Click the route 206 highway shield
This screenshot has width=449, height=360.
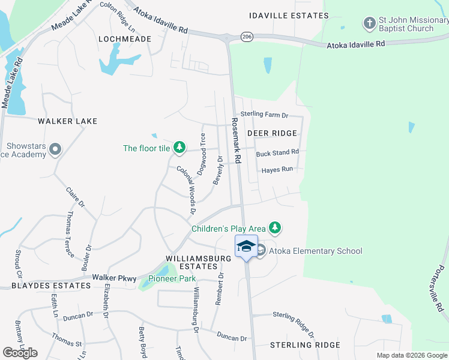coord(247,37)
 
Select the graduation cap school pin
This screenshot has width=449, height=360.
coord(246,246)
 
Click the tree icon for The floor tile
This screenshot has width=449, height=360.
coord(179,147)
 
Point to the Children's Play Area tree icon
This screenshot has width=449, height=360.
coord(275,227)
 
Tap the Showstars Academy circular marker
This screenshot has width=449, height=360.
coord(56,148)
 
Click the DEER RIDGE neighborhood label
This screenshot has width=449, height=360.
coord(272,133)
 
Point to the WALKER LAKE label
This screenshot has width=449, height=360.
coord(67,121)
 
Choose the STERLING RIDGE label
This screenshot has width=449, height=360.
coord(305,345)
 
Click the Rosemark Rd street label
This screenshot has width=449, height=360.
coord(236,140)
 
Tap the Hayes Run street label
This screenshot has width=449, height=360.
coord(277,170)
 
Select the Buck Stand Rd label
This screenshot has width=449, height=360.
coord(277,154)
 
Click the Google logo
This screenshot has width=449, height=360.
coord(20,352)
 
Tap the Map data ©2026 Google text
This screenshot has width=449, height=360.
coord(411,355)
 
